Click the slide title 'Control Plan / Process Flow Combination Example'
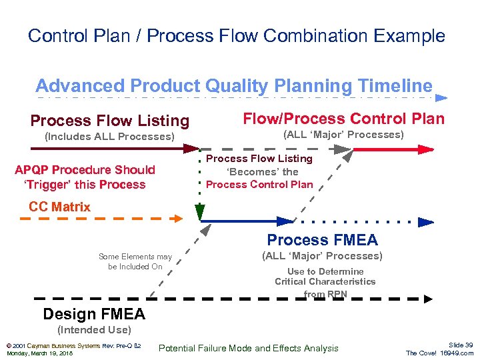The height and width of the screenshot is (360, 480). tap(237, 35)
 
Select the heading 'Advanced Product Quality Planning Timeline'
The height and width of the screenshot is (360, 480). tap(234, 86)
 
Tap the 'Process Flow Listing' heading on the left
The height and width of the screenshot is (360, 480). tap(110, 121)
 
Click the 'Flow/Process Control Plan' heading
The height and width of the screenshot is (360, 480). tap(343, 119)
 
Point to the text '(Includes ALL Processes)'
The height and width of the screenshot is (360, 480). tap(109, 137)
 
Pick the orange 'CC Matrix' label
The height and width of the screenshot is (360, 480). tap(59, 207)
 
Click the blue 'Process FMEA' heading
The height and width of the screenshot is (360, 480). tap(322, 240)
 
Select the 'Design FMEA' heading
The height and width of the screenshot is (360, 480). tap(93, 314)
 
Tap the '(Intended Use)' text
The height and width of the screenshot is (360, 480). tap(94, 329)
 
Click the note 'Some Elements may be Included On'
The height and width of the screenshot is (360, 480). tap(135, 261)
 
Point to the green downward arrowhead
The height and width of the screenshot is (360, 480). tap(199, 213)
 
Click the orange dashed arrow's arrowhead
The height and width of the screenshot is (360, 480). tap(177, 217)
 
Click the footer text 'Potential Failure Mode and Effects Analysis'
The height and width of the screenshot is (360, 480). tap(249, 348)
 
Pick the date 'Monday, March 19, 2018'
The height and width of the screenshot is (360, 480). tap(39, 353)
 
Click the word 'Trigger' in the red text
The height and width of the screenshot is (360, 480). tap(51, 185)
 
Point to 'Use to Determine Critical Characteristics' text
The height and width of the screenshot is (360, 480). tap(325, 277)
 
